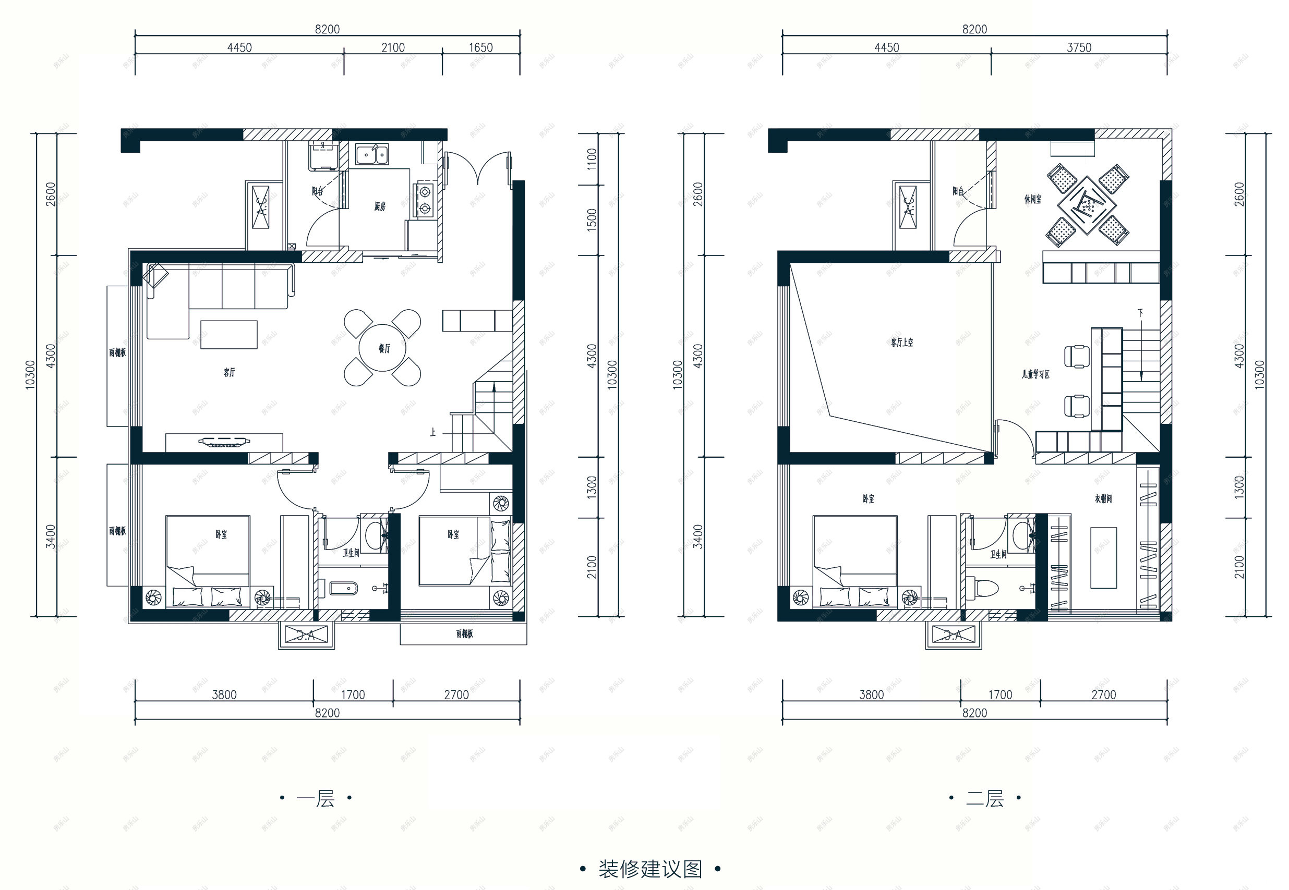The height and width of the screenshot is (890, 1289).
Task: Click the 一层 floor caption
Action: (316, 799)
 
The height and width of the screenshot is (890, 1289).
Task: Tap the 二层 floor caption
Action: (984, 799)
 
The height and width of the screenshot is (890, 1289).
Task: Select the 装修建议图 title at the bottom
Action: (650, 869)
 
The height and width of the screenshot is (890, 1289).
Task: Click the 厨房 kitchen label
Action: (380, 207)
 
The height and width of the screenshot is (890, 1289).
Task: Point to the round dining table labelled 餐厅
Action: (382, 348)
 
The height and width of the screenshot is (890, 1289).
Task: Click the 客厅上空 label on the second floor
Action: (902, 343)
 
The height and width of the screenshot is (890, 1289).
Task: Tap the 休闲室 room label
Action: (1032, 199)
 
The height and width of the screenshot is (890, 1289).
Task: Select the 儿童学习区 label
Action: (1035, 374)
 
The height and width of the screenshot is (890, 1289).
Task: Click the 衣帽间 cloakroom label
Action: (1103, 498)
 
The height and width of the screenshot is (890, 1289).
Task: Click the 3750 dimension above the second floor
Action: (1079, 48)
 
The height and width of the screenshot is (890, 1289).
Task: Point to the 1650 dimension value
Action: (480, 48)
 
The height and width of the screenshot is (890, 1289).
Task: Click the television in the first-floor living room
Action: (224, 443)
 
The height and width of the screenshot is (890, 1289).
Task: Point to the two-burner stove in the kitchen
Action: (425, 200)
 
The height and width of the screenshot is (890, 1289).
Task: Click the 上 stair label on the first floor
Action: (433, 432)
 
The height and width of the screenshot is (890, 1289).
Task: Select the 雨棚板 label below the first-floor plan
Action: (464, 634)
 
